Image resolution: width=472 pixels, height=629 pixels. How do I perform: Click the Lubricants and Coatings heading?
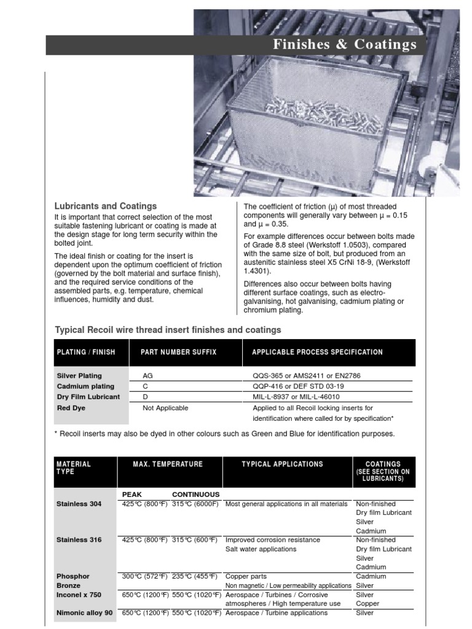tap(106, 206)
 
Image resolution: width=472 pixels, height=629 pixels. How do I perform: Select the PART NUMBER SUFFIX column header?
tap(178, 352)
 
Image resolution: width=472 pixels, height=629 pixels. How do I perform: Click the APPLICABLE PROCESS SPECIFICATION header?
tap(317, 352)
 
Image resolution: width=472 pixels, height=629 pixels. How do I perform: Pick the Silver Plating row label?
tap(79, 375)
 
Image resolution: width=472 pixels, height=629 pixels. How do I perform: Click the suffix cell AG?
tap(148, 375)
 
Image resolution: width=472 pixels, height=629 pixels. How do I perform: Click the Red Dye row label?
tap(71, 408)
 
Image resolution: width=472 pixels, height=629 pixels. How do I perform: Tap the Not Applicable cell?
tap(165, 408)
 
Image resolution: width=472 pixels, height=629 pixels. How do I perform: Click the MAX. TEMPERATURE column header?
tap(168, 464)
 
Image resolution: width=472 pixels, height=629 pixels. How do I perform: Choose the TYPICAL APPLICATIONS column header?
tap(282, 464)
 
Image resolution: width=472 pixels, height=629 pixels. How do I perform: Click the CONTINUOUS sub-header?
tap(195, 494)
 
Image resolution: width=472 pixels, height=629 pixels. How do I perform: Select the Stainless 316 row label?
tap(79, 540)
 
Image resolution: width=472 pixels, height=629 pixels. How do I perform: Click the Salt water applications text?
tap(261, 549)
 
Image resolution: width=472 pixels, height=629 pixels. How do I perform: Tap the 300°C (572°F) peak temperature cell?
tap(145, 576)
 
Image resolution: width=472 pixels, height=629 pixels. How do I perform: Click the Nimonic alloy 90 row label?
tap(84, 613)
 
